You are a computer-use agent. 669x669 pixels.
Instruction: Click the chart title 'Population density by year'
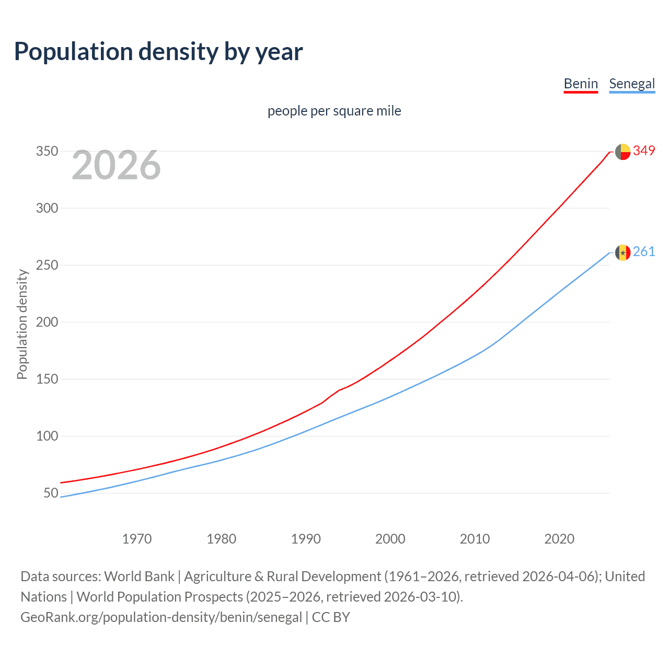point(158,52)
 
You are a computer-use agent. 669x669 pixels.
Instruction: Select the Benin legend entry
point(580,84)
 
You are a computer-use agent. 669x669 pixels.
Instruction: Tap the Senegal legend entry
point(632,84)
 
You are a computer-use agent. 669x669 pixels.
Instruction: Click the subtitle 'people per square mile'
point(334,111)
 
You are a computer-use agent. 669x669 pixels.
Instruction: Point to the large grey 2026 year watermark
point(116,165)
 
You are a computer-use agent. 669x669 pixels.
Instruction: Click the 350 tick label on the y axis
point(47,151)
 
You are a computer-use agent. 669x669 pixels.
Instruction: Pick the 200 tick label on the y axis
point(47,322)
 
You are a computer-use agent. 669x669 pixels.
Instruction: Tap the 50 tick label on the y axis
point(51,493)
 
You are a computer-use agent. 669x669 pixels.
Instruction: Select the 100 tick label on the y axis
point(47,436)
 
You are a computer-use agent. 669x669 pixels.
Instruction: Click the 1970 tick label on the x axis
point(137,539)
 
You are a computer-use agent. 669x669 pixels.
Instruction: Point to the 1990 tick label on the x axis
point(306,539)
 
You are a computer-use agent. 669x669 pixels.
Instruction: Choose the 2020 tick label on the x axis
point(559,539)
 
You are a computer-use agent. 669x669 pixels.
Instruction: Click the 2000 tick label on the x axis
point(390,539)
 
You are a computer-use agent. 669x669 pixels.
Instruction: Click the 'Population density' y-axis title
point(22,324)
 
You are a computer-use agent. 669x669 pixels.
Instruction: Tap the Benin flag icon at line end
point(622,152)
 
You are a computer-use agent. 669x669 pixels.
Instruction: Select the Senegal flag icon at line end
point(622,253)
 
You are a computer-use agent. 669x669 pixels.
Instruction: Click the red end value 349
point(644,151)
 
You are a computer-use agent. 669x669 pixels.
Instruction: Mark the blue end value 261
point(644,252)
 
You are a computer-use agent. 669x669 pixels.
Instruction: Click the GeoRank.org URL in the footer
point(161,617)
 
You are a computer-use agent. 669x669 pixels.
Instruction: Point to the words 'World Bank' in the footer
point(139,576)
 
